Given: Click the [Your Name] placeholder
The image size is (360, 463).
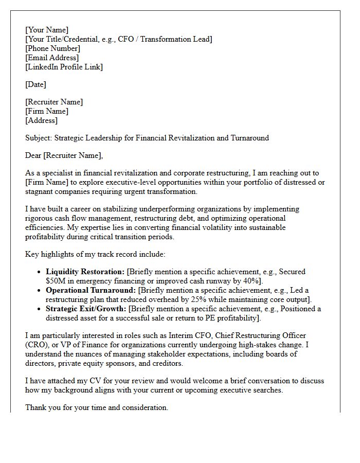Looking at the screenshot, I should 47,30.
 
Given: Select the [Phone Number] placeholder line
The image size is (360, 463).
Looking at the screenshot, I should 53,48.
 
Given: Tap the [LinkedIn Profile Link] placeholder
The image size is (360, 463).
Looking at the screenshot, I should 64,67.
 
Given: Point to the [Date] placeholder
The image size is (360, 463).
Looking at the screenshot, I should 35,84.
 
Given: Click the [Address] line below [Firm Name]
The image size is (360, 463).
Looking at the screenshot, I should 41,120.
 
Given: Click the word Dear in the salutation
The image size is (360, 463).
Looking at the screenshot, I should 33,155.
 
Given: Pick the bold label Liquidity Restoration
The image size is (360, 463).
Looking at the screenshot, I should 85,272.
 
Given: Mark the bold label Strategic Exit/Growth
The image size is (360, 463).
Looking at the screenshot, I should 86,309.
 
